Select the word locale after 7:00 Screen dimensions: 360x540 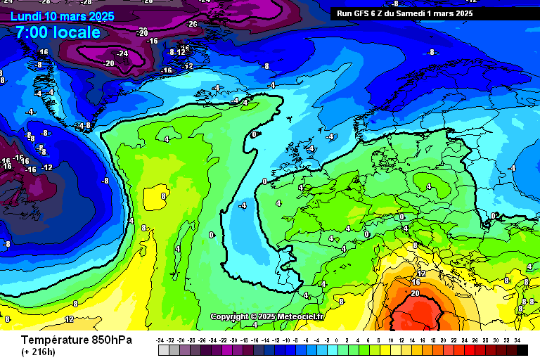tap(77, 32)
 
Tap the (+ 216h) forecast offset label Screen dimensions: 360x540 tap(39, 352)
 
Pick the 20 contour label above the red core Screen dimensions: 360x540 tap(415, 293)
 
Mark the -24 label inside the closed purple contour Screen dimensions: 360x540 tap(122, 53)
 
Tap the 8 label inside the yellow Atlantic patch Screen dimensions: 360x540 tap(163, 196)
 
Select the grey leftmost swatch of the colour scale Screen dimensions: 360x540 tap(163, 349)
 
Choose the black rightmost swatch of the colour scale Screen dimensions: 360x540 tap(522, 349)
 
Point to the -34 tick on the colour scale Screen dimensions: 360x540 tap(160, 340)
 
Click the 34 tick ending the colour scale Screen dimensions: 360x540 tap(517, 340)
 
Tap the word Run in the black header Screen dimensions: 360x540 tap(345, 13)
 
